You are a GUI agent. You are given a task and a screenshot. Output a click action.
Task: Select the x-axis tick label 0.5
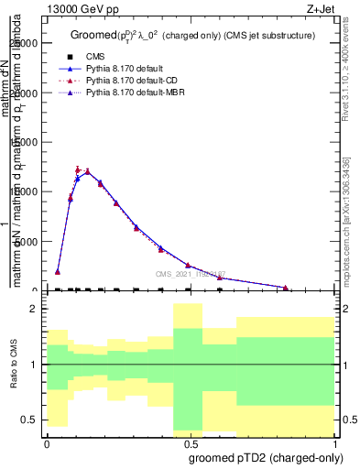pyautogui.click(x=190, y=442)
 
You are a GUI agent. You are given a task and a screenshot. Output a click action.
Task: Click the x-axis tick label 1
pyautogui.click(x=334, y=442)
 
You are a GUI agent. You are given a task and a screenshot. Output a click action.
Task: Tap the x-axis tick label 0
pyautogui.click(x=46, y=442)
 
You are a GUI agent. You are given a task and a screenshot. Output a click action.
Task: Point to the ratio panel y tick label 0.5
pyautogui.click(x=29, y=420)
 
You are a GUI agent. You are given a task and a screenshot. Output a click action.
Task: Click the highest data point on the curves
pyautogui.click(x=87, y=170)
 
